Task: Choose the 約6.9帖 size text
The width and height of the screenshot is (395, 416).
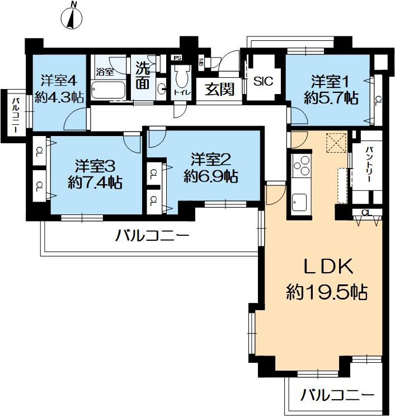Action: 211,177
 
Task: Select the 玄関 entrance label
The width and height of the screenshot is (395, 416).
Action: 219,89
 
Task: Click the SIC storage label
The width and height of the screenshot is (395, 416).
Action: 263,81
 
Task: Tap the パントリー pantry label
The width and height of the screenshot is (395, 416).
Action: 370,167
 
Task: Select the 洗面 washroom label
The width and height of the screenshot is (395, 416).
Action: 143,77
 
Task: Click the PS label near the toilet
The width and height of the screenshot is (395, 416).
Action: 178,58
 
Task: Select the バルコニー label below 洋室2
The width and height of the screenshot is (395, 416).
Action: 152,236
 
